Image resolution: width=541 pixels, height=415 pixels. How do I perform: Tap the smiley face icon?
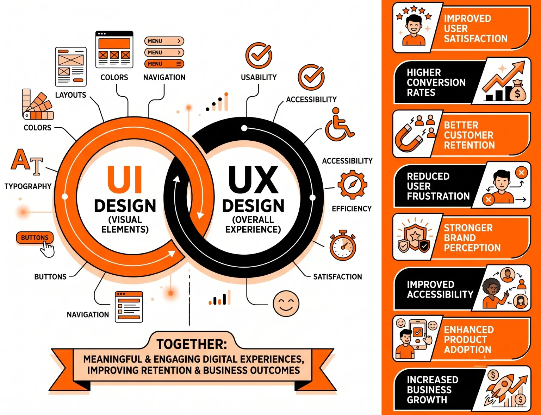pyautogui.click(x=286, y=304)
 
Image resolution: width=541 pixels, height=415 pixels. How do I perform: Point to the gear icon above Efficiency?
pyautogui.click(x=352, y=184)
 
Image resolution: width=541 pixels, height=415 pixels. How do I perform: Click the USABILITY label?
pyautogui.click(x=259, y=77)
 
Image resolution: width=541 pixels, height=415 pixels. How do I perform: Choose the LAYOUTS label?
pyautogui.click(x=70, y=95)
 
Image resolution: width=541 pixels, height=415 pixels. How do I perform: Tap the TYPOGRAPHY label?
pyautogui.click(x=28, y=186)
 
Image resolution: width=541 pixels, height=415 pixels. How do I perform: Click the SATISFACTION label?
pyautogui.click(x=337, y=276)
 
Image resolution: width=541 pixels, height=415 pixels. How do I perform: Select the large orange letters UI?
pyautogui.click(x=125, y=179)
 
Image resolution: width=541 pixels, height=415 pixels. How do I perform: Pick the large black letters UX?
pyautogui.click(x=253, y=179)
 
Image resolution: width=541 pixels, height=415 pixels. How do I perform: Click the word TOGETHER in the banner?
pyautogui.click(x=192, y=344)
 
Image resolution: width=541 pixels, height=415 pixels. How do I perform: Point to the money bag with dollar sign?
pyautogui.click(x=517, y=90)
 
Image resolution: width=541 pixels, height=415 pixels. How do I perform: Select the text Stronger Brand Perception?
pyautogui.click(x=472, y=238)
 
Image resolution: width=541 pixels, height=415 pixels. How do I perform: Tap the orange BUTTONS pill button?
pyautogui.click(x=35, y=238)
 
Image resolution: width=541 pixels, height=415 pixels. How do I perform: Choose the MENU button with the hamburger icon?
pyautogui.click(x=164, y=64)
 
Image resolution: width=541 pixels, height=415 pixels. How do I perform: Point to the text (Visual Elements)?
pyautogui.click(x=125, y=224)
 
